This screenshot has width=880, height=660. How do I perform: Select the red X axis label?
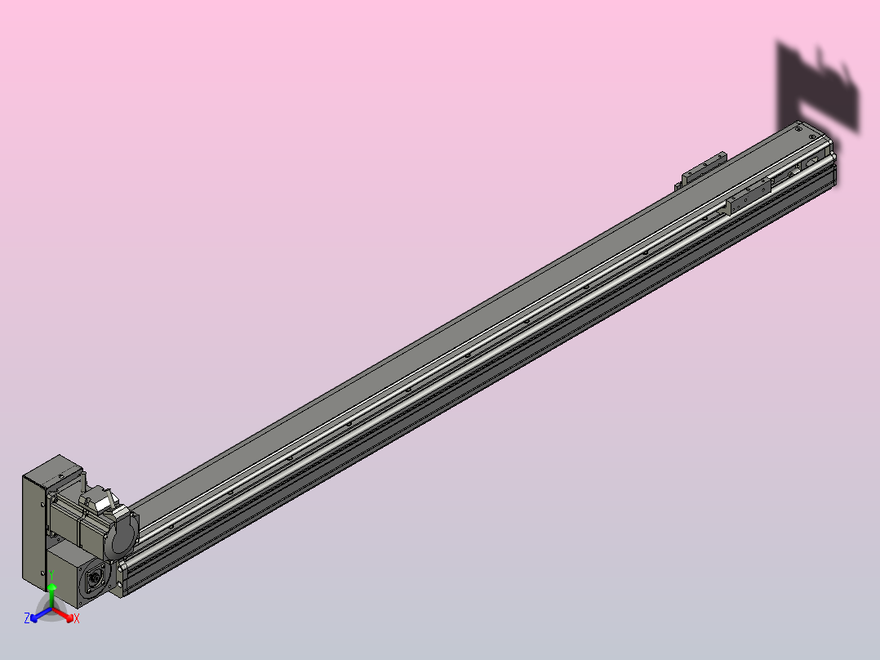pos(77,619)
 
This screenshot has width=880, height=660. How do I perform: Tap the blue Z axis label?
pos(27,619)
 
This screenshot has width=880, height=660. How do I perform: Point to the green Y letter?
pos(51,575)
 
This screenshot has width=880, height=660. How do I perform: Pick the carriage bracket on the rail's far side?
pos(703,166)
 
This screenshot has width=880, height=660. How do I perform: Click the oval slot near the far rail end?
pos(814,163)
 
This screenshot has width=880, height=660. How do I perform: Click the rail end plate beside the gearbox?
pos(121,576)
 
